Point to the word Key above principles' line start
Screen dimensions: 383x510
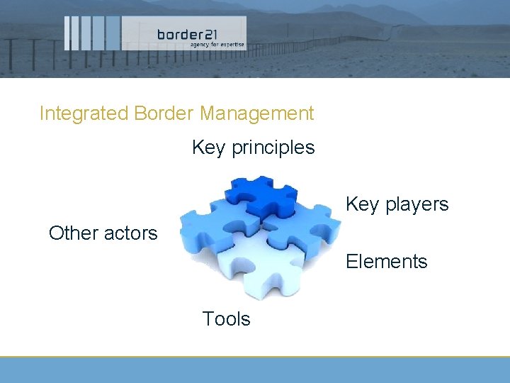pyautogui.click(x=208, y=148)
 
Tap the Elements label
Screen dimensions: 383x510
pyautogui.click(x=386, y=262)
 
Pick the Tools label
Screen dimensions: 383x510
pyautogui.click(x=226, y=319)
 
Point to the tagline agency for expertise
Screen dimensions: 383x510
pyautogui.click(x=216, y=44)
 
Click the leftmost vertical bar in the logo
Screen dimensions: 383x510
pyautogui.click(x=67, y=33)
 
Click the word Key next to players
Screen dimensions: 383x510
pyautogui.click(x=362, y=204)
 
